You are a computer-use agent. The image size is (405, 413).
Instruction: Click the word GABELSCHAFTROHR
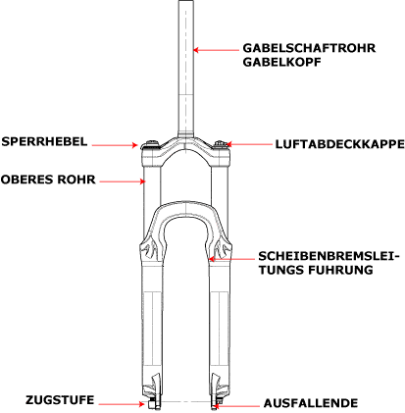tap(309, 48)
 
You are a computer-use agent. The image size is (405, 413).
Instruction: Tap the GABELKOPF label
tap(281, 62)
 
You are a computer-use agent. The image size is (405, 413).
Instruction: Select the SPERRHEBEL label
tap(44, 142)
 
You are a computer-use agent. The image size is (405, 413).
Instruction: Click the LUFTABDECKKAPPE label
tap(339, 144)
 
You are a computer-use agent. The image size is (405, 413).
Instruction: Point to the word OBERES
tap(26, 180)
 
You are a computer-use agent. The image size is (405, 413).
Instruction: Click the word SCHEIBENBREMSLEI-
tap(329, 256)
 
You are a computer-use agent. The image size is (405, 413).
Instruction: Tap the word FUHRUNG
tap(340, 270)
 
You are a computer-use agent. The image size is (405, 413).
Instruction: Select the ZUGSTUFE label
tap(60, 400)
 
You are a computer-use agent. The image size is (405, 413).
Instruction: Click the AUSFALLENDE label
tap(311, 403)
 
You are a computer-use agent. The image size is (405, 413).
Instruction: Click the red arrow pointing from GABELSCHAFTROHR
tap(216, 50)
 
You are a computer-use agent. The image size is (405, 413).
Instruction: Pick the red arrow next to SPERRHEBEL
tap(115, 145)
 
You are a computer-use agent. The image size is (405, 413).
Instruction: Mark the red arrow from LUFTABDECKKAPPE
tap(249, 144)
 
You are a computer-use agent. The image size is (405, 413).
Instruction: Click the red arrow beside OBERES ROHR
tap(123, 181)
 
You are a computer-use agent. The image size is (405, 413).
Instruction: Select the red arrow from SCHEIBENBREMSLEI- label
tap(231, 259)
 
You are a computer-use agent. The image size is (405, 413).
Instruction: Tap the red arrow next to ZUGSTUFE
tap(122, 404)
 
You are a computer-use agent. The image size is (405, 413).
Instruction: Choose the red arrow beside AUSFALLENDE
tap(236, 406)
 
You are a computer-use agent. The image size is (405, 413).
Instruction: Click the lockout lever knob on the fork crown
tap(151, 144)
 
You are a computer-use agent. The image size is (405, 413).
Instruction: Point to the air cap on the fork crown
tap(221, 144)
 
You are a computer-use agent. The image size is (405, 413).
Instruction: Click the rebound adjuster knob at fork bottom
tap(152, 404)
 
